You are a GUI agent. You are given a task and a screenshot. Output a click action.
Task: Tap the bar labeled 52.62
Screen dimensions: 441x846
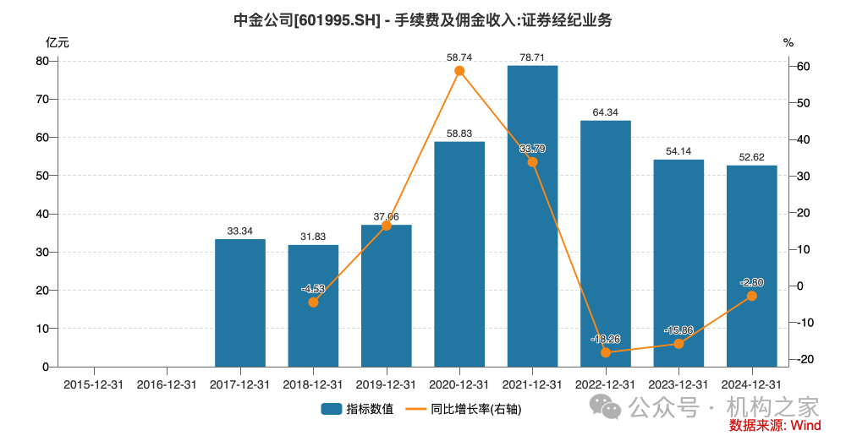click(x=751, y=265)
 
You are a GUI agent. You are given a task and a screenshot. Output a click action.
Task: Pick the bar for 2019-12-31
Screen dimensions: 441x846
click(x=387, y=296)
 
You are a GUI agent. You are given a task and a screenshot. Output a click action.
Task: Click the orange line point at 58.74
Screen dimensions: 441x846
click(x=459, y=71)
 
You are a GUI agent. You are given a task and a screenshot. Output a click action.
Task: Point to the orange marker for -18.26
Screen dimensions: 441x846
click(x=606, y=352)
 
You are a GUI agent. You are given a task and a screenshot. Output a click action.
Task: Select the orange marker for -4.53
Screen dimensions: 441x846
click(x=313, y=302)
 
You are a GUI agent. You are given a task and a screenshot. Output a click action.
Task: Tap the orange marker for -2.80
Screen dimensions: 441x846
click(x=751, y=296)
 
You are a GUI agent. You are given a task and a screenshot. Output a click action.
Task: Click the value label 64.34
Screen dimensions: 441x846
click(x=606, y=112)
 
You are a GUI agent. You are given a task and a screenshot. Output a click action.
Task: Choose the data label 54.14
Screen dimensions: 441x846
click(x=678, y=150)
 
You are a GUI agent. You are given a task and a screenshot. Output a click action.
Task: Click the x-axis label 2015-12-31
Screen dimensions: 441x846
click(x=94, y=384)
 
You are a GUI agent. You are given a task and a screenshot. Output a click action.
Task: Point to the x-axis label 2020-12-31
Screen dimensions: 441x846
click(x=459, y=384)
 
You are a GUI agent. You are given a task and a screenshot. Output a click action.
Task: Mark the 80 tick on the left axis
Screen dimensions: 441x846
click(x=41, y=61)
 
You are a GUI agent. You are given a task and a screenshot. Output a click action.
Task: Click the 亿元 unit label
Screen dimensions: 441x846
click(x=58, y=41)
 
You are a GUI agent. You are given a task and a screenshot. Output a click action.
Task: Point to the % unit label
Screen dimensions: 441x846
click(x=788, y=41)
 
